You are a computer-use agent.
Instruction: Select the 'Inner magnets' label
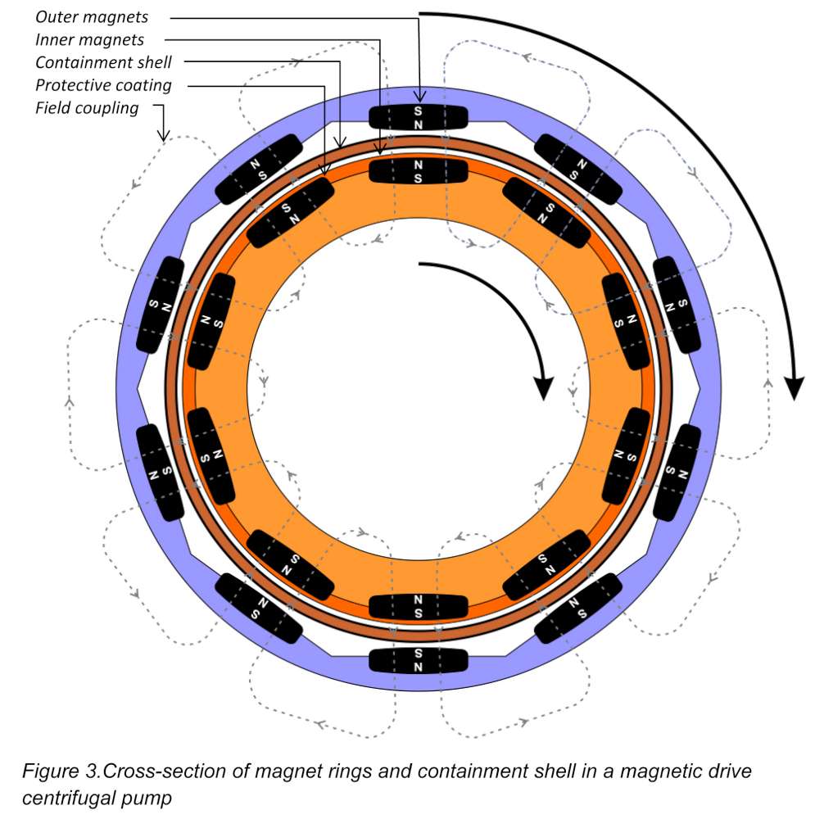point(89,39)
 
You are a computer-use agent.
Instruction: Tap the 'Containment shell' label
point(103,62)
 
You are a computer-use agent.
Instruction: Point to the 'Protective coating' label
point(103,85)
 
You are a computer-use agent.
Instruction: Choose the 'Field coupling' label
point(87,108)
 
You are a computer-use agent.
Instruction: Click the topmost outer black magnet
point(418,117)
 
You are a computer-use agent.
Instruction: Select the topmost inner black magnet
point(418,171)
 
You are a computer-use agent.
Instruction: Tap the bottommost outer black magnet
point(418,660)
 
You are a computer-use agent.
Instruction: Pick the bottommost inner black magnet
point(418,607)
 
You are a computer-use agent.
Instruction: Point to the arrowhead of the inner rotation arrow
point(541,386)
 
